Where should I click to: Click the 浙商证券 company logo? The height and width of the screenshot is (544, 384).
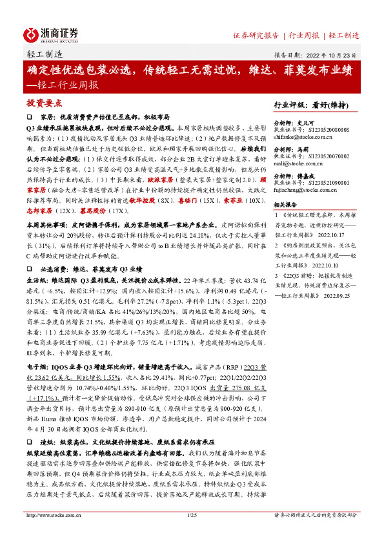[x=52, y=34]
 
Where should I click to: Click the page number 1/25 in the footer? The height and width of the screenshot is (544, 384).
[x=191, y=533]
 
